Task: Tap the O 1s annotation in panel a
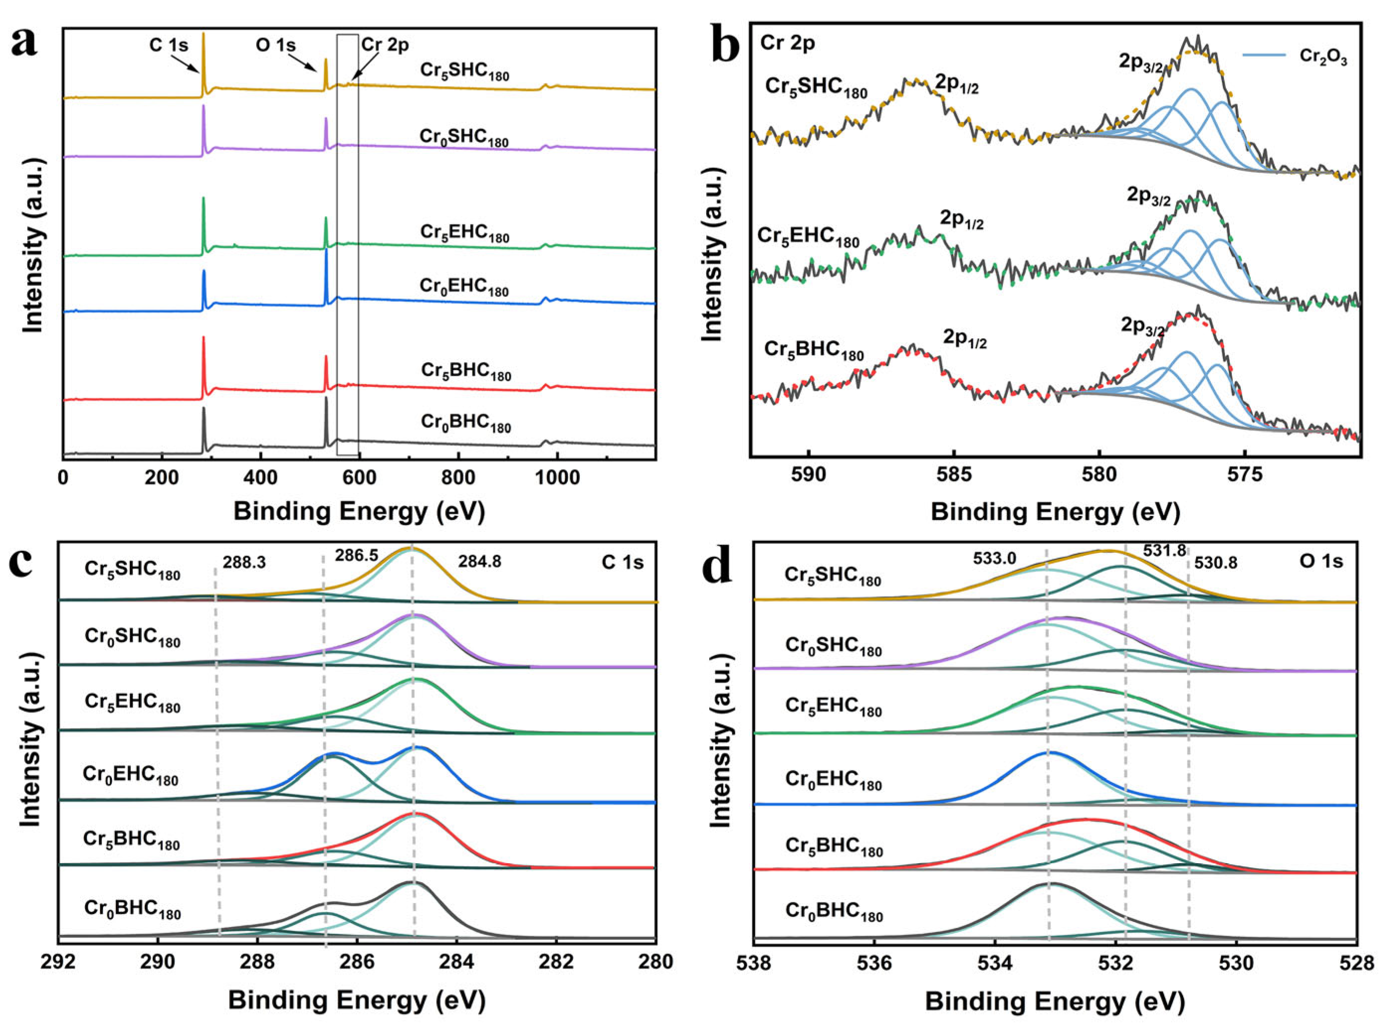coord(276,45)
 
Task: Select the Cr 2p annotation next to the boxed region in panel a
coord(385,44)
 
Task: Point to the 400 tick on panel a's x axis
coord(261,478)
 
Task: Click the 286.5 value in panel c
coord(356,555)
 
